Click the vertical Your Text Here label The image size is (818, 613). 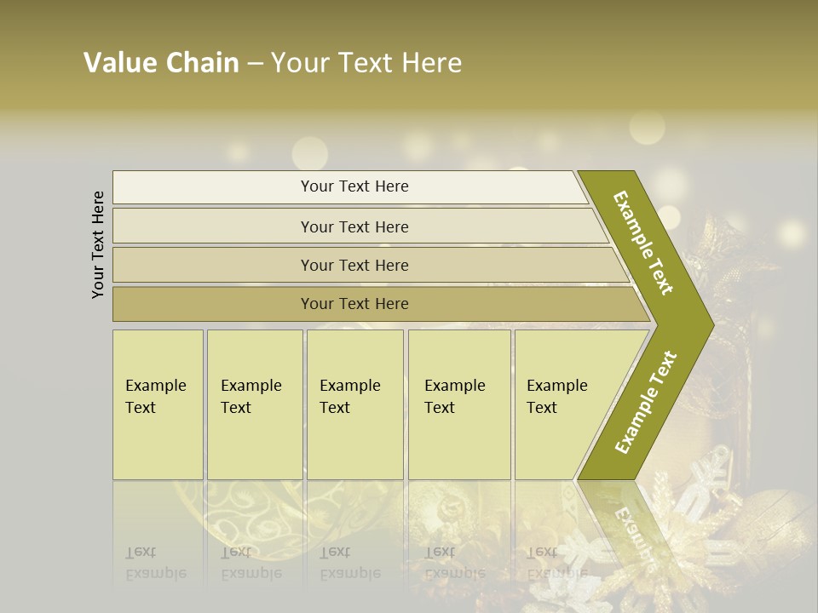(98, 244)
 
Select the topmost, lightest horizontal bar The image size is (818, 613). (213, 187)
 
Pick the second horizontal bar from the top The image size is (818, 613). (213, 226)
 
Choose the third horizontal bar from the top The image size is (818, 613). (213, 266)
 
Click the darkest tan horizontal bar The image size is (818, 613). (213, 304)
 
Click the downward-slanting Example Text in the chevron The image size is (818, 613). (644, 243)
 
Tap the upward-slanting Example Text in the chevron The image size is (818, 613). (646, 403)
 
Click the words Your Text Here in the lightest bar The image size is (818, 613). (354, 186)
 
